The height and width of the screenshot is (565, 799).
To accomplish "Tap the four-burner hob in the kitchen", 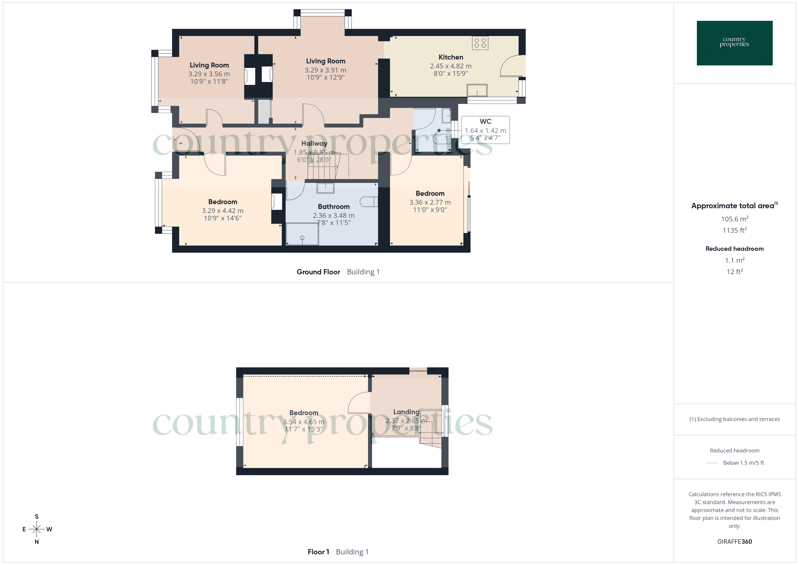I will pyautogui.click(x=480, y=43).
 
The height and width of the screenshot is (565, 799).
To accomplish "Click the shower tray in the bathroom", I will pyautogui.click(x=302, y=234).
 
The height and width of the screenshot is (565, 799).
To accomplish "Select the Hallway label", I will pyautogui.click(x=314, y=143).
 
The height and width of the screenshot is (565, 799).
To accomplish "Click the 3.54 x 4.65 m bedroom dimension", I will pyautogui.click(x=303, y=422).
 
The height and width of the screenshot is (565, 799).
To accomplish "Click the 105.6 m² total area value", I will pyautogui.click(x=734, y=219).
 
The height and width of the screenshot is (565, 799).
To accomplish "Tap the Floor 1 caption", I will pyautogui.click(x=318, y=552).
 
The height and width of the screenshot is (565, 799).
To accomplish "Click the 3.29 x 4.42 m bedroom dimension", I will pyautogui.click(x=222, y=211).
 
